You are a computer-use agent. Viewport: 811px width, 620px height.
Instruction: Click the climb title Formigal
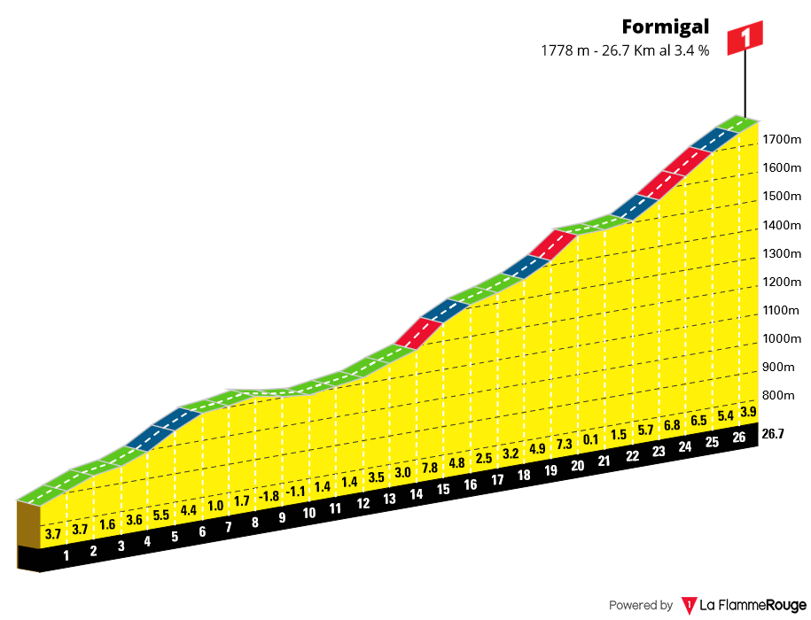click(666, 27)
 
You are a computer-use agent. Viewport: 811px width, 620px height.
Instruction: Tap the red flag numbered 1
click(745, 38)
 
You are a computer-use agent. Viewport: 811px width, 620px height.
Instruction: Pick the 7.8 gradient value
click(429, 468)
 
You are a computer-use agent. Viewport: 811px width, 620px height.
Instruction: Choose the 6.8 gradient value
click(672, 425)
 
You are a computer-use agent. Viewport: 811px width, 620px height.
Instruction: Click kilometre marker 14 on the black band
click(416, 492)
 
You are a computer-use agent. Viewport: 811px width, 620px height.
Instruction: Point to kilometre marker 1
click(66, 555)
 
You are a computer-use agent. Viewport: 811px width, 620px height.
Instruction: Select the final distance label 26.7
click(774, 433)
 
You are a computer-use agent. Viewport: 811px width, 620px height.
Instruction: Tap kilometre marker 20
click(578, 466)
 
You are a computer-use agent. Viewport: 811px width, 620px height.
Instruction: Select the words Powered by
click(641, 606)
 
